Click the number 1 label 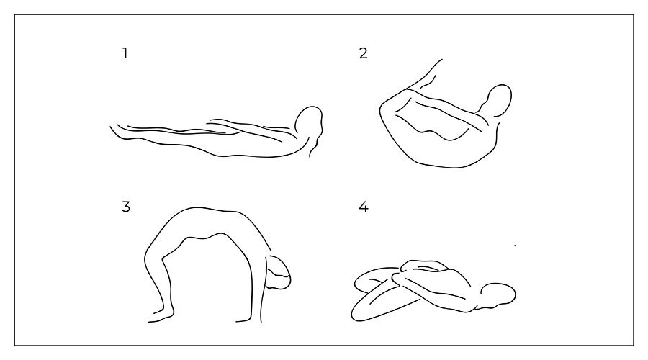click(x=125, y=53)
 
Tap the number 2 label click(x=364, y=53)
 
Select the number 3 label click(x=126, y=206)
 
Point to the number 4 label click(x=364, y=206)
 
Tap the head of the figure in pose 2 click(x=498, y=100)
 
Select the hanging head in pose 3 click(x=278, y=272)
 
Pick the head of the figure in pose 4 click(x=498, y=295)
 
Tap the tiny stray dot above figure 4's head click(x=515, y=246)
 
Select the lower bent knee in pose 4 click(x=358, y=314)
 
